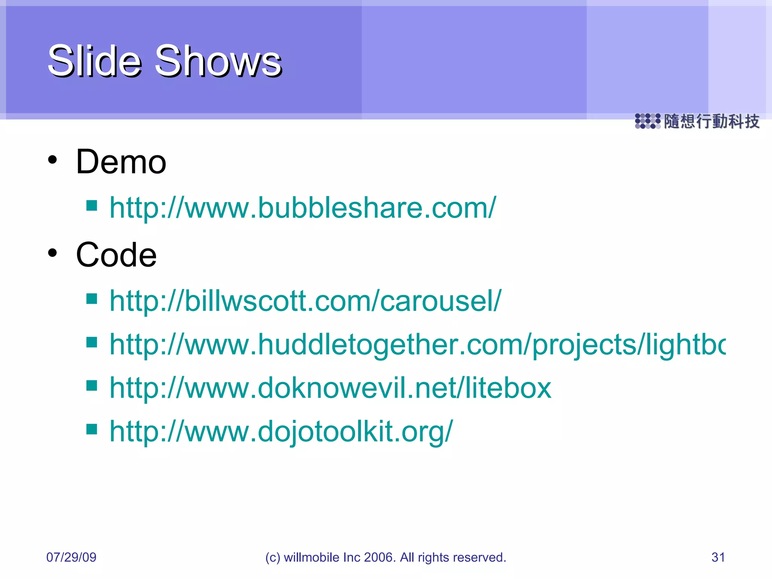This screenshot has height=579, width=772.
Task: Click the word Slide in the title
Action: click(x=94, y=61)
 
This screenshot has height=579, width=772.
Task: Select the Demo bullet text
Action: click(x=121, y=162)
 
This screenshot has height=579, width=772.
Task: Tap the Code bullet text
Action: click(x=116, y=255)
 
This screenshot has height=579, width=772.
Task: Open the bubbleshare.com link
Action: click(x=303, y=208)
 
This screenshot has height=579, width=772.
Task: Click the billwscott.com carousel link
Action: click(x=305, y=301)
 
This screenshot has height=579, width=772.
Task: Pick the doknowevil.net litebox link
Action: click(x=330, y=388)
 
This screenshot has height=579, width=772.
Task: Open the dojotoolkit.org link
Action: click(x=281, y=431)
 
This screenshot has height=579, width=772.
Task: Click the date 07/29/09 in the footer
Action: click(x=71, y=557)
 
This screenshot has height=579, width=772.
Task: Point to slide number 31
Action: click(x=718, y=557)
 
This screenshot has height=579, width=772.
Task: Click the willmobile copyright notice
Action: click(x=386, y=557)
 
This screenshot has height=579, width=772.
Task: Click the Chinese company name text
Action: click(x=711, y=121)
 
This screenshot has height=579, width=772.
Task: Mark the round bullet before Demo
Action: click(x=52, y=160)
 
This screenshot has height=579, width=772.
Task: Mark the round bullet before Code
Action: click(x=52, y=253)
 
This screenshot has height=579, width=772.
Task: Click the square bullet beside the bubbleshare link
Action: click(x=92, y=205)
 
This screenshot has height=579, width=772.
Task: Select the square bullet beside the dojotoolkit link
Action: click(x=92, y=429)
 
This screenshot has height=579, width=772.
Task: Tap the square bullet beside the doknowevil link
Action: click(x=92, y=386)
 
